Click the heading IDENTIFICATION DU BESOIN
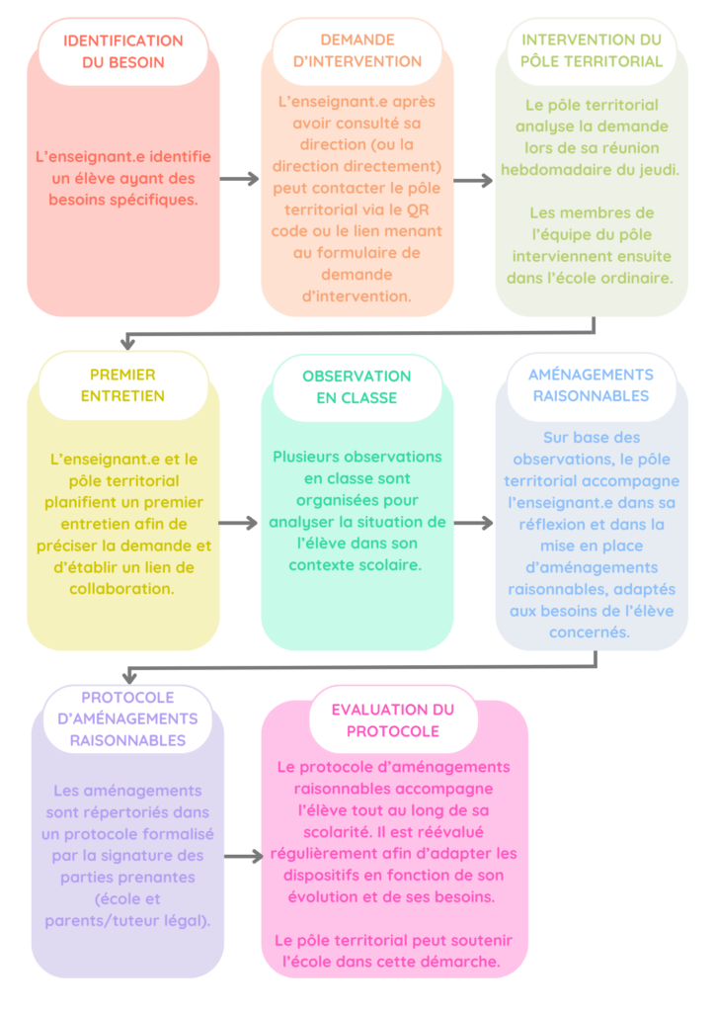(x=123, y=51)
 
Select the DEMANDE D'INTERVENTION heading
(x=357, y=50)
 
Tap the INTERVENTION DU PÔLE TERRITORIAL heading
(x=592, y=50)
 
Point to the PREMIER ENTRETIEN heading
(x=122, y=385)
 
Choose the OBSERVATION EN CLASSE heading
(x=357, y=386)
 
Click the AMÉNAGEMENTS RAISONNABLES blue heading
(x=591, y=385)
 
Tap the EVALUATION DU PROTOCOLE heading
(x=393, y=720)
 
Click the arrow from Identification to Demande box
(x=240, y=180)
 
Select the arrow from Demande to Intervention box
(x=474, y=181)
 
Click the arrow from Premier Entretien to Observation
(x=240, y=523)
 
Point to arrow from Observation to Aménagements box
(x=474, y=523)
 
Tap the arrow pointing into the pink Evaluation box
(x=244, y=856)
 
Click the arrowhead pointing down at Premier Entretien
(x=127, y=342)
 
